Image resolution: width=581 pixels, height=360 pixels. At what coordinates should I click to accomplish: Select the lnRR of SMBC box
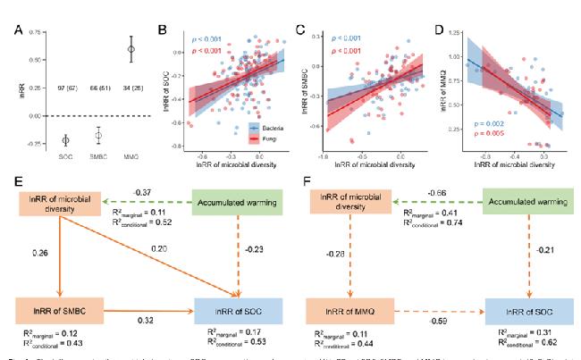click(x=56, y=312)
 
